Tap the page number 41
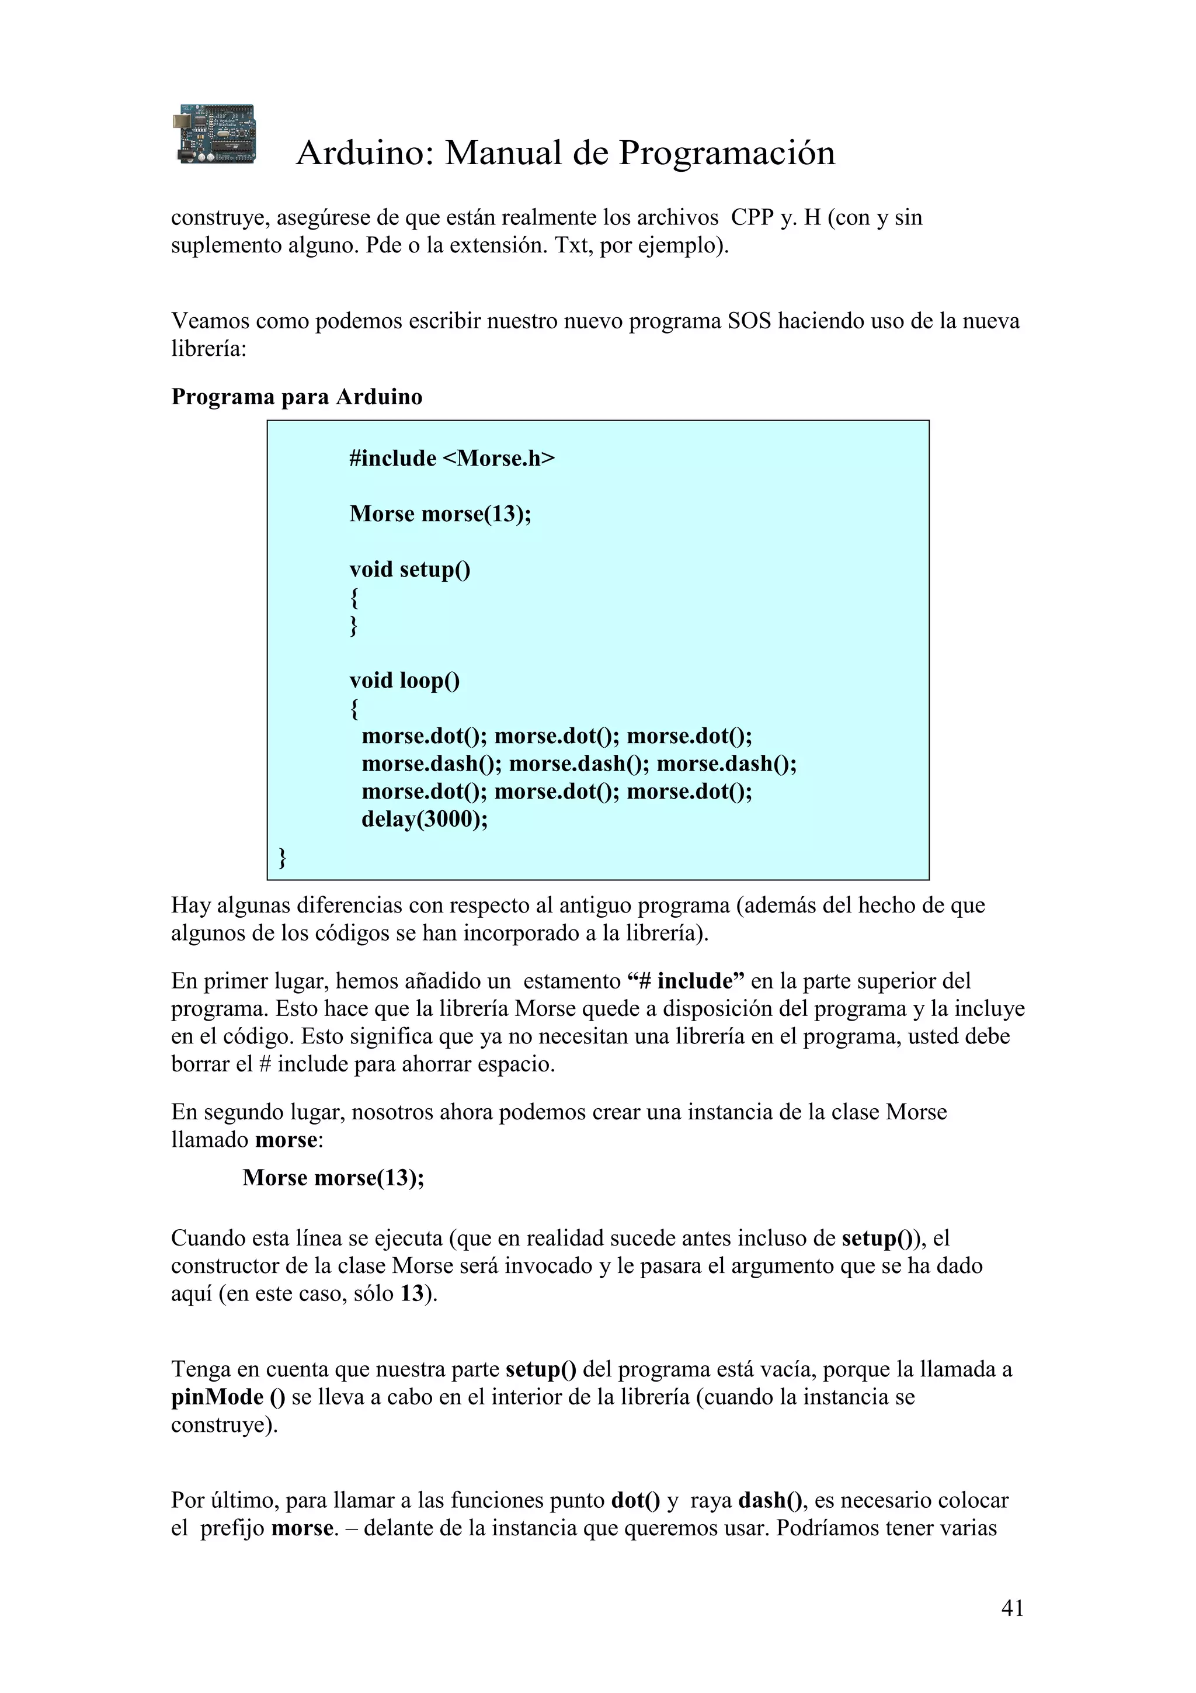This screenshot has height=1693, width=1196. coord(1013,1608)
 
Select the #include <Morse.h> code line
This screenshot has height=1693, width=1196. coord(452,459)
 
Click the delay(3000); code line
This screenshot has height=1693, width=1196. coord(425,819)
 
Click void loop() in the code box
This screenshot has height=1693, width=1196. coord(405,680)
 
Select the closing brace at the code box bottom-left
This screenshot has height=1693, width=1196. coord(282,858)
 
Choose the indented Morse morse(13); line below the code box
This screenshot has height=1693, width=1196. coord(333,1178)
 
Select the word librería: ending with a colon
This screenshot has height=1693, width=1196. coord(208,349)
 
